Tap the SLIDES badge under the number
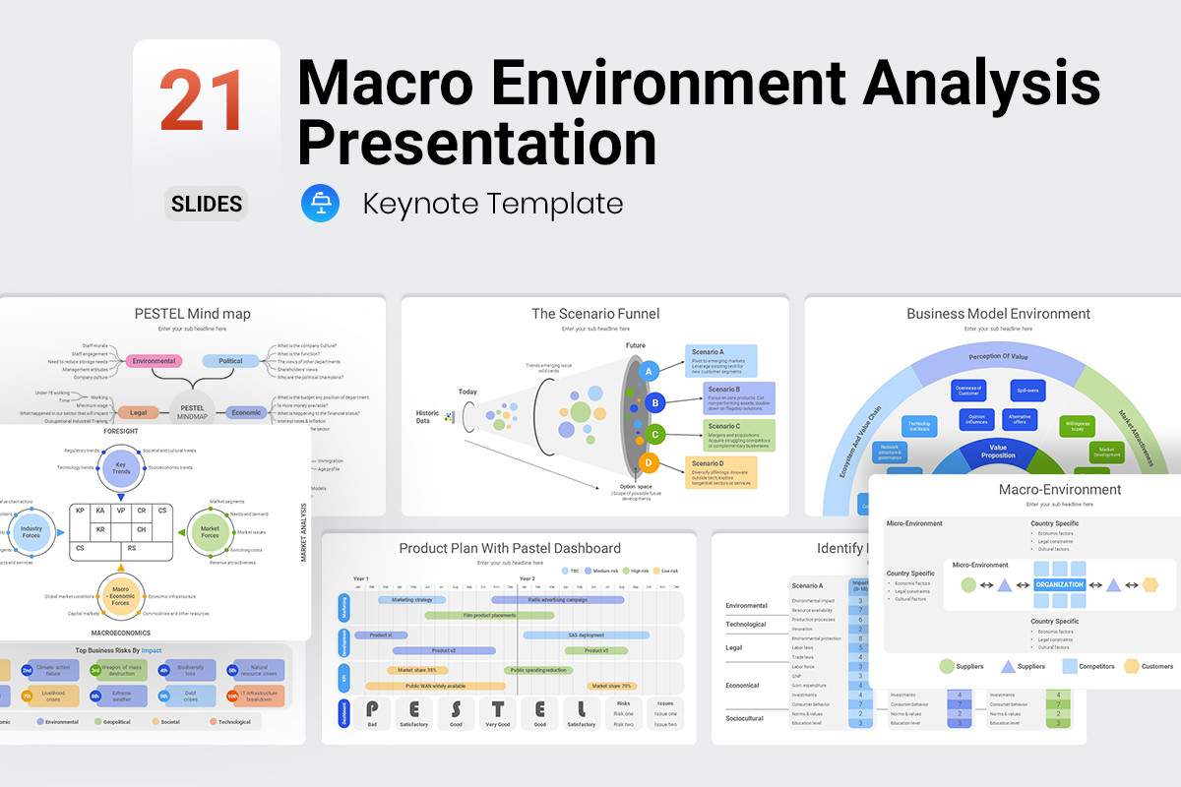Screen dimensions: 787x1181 point(206,204)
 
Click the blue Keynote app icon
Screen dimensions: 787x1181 point(320,204)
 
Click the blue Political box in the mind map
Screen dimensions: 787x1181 point(230,361)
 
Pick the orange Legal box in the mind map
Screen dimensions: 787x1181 point(138,413)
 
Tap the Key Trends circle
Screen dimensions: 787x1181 point(120,468)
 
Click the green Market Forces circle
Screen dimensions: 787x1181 point(210,532)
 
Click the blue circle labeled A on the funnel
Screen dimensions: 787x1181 point(649,371)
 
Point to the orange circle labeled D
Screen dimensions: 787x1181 point(649,462)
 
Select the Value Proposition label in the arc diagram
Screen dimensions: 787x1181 point(999,451)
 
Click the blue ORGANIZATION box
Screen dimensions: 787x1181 point(1059,584)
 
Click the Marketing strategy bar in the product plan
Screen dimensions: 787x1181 point(411,599)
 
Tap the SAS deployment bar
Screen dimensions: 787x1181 point(586,636)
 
